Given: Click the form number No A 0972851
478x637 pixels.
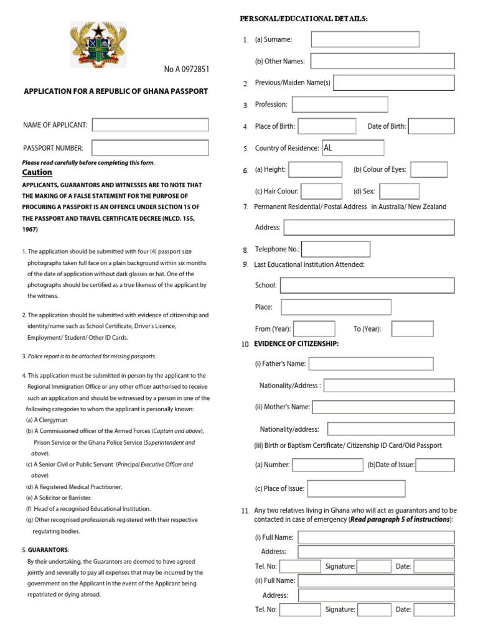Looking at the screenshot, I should point(187,69).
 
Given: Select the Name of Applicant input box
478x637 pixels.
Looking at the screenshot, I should point(150,125).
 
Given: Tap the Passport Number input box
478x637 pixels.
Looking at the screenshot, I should point(150,147).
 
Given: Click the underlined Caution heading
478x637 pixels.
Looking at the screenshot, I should point(37,172).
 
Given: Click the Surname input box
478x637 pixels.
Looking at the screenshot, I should point(365,39).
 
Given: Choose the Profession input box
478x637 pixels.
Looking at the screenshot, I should point(340,105).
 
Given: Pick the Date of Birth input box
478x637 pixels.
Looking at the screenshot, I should point(431,126).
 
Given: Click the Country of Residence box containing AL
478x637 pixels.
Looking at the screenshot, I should point(353,148).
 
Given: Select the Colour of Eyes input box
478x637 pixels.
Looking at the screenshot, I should point(429,169).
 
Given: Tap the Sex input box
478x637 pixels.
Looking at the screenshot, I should point(399,191).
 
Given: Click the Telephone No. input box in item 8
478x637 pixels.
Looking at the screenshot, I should point(335,249).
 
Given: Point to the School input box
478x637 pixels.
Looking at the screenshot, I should point(367,286).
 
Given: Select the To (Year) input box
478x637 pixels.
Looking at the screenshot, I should point(412,328).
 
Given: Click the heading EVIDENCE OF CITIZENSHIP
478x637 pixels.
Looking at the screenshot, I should point(296,343).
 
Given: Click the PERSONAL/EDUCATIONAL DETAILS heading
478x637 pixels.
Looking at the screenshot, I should point(304,19).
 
